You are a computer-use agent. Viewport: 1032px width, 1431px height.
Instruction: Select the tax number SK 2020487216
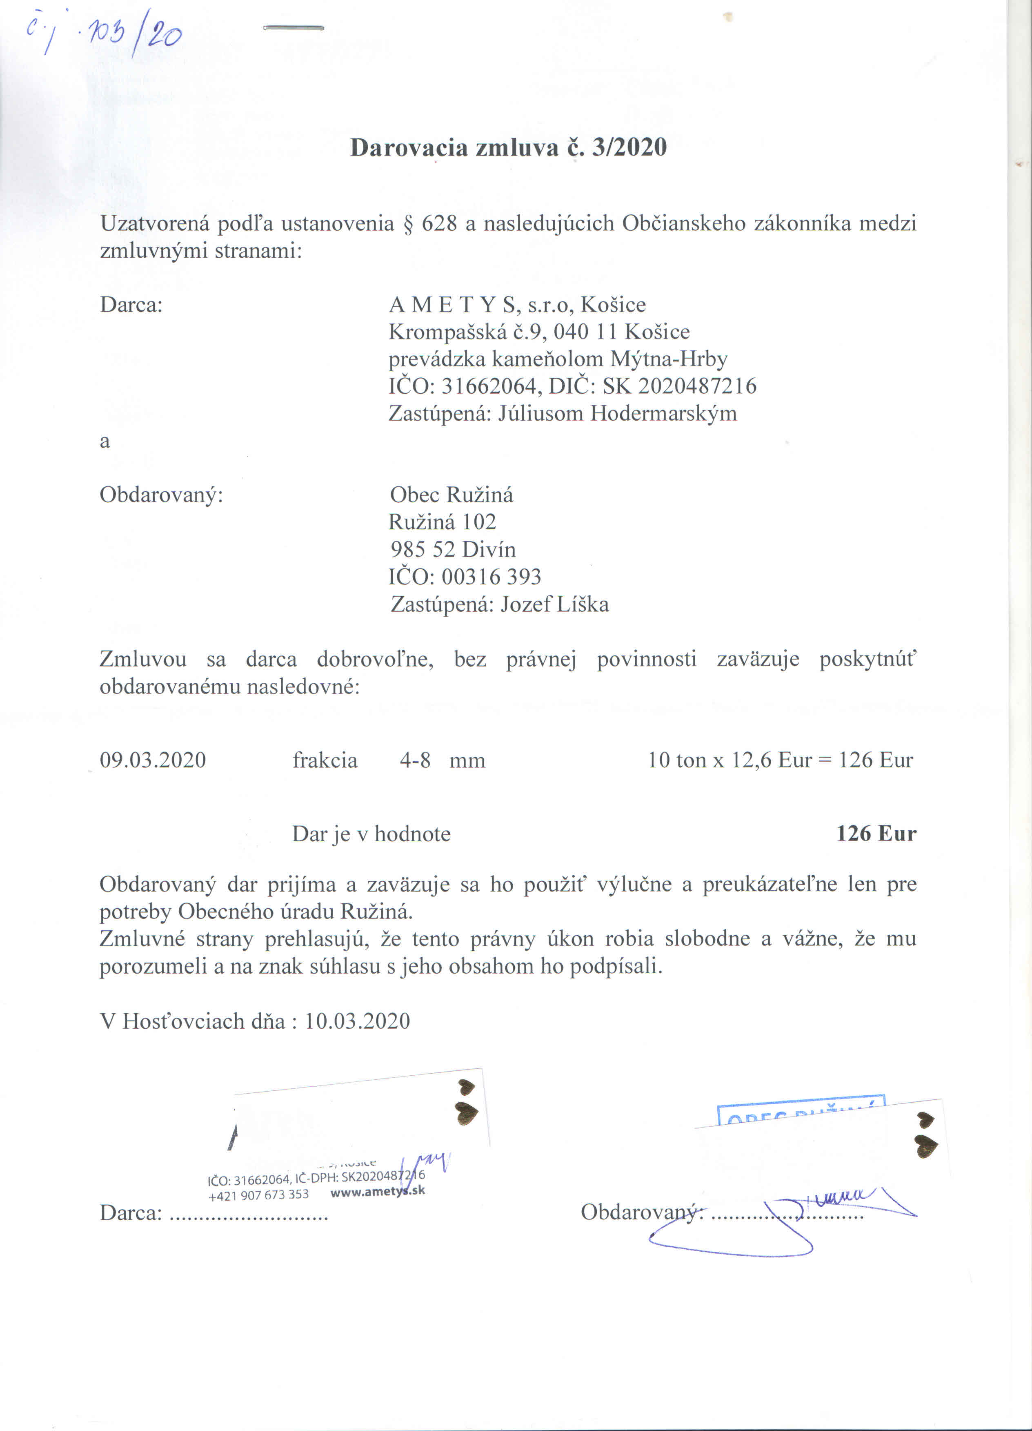point(679,386)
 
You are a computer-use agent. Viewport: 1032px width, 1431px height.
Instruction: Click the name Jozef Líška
point(554,604)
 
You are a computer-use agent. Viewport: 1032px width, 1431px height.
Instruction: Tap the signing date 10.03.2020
point(358,1021)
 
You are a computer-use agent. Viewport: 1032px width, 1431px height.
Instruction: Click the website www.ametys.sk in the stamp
point(377,1191)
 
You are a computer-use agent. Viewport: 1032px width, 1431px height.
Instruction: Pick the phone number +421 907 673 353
point(259,1195)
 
